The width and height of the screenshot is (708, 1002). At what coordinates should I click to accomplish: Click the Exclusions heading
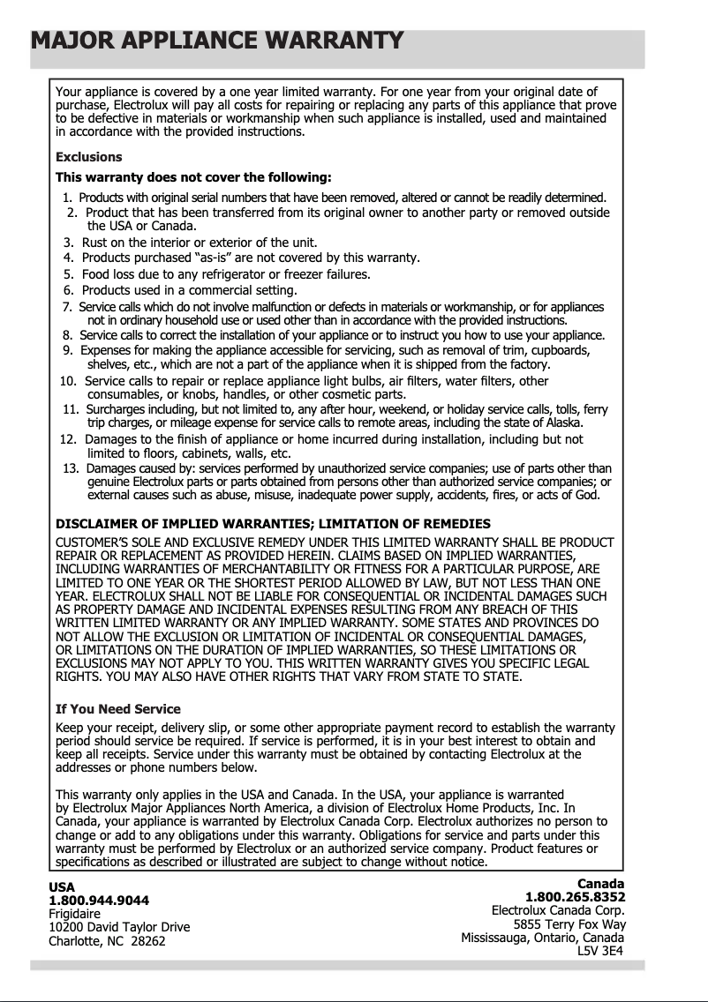coord(88,157)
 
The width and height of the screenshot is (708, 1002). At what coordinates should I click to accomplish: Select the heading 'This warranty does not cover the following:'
coord(193,176)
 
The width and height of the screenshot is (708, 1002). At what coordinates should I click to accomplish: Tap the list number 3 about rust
coord(68,243)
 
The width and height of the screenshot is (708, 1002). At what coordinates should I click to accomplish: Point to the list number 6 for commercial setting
coord(68,290)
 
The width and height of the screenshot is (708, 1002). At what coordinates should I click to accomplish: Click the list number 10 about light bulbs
coord(67,381)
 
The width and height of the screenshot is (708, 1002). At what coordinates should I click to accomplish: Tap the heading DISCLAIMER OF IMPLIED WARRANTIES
coord(273,524)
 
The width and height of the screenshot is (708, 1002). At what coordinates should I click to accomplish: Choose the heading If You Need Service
coord(117,709)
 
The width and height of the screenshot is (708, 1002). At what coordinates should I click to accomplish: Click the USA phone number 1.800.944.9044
coord(99,901)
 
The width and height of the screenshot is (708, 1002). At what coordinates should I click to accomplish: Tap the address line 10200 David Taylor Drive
coord(119,928)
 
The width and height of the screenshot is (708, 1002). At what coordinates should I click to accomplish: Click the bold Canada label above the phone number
coord(600,884)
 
